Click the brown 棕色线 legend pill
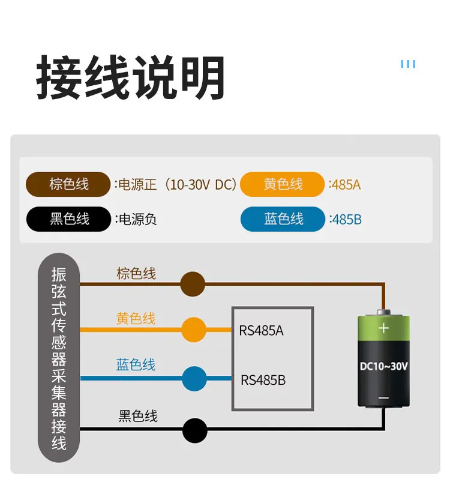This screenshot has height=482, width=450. coord(68,184)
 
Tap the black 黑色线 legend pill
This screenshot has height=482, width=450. coord(68,219)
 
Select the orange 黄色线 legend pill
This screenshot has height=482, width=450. coord(282,184)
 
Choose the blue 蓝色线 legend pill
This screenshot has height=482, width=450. coord(283,219)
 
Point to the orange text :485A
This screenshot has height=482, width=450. coord(344,185)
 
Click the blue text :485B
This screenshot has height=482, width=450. coord(345,220)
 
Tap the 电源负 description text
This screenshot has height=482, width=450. coord(136,220)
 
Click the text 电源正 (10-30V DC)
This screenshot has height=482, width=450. coord(176,185)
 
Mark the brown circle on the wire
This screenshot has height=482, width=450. coord(193,284)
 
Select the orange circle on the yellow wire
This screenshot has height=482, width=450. coord(194,330)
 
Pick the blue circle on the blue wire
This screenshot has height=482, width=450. coord(194,378)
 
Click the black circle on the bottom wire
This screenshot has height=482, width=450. coord(195,430)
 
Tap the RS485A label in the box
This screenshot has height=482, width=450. coord(261,331)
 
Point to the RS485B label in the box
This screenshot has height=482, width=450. coord(263,380)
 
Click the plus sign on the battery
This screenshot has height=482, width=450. coord(383,328)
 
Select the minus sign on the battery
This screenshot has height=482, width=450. coord(383,398)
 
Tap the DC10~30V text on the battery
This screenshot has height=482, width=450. coord(383,366)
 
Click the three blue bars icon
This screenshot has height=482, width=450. coord(408,64)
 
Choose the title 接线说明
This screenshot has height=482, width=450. coord(131,77)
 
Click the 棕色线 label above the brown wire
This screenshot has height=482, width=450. coord(136,273)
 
